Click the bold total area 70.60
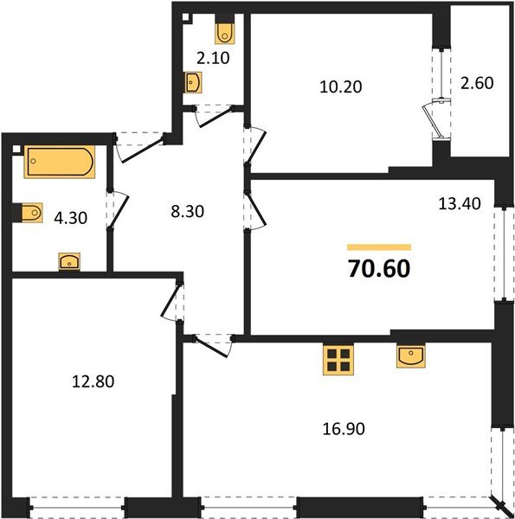pyautogui.click(x=378, y=267)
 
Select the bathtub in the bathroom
pyautogui.click(x=60, y=162)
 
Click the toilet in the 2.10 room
pyautogui.click(x=226, y=33)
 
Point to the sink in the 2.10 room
pyautogui.click(x=193, y=83)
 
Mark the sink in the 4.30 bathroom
pyautogui.click(x=68, y=261)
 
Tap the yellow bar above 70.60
pyautogui.click(x=378, y=247)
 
